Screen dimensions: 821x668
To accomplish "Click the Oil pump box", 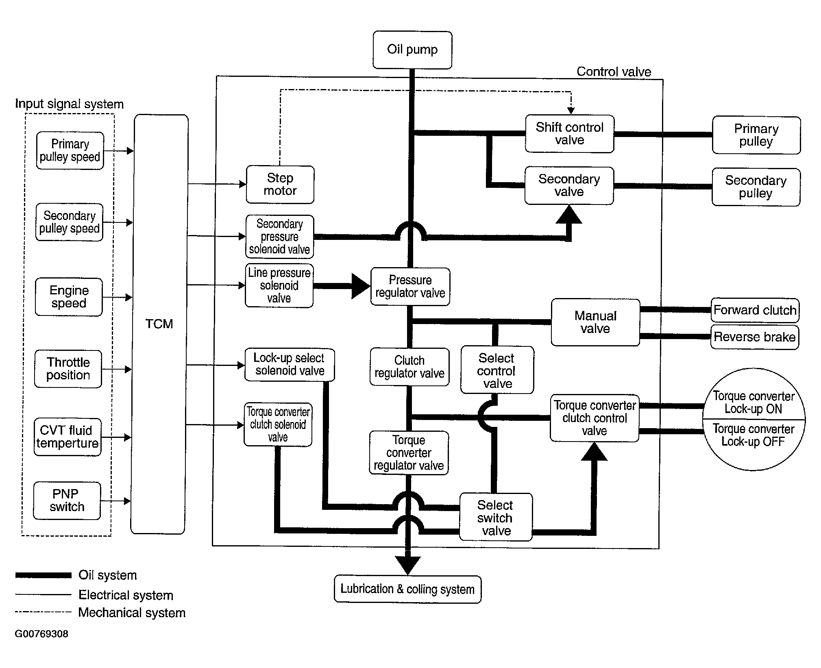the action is [412, 50].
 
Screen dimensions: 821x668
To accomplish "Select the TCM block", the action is [159, 324].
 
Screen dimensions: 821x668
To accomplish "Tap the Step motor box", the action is [280, 185].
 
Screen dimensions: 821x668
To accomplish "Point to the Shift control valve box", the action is [569, 134].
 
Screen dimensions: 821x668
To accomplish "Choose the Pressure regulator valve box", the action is [410, 287].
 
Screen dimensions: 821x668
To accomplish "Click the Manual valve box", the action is [595, 322].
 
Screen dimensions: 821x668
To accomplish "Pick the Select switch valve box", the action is [496, 517].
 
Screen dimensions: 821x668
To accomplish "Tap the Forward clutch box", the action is [755, 310].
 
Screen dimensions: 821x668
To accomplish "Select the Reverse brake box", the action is [755, 337].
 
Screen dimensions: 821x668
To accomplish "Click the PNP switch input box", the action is [67, 501].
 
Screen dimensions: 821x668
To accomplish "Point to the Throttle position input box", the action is [68, 369].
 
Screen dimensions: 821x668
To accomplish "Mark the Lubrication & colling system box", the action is [407, 589].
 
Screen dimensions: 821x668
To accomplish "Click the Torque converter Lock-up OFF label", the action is [753, 435].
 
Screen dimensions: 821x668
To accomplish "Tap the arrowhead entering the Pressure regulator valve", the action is [361, 286].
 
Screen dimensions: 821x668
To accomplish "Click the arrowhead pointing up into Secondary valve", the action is [569, 214].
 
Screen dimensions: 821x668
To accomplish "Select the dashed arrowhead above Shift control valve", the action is [571, 110].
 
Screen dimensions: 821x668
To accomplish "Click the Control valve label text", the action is [614, 72].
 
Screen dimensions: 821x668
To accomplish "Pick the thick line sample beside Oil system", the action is [44, 575].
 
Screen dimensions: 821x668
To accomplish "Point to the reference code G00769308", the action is [41, 634].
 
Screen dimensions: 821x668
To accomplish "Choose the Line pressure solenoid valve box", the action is [279, 285].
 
